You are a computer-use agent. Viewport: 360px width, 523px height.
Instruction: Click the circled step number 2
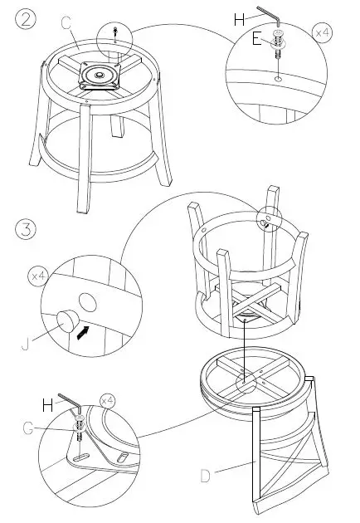click(x=26, y=19)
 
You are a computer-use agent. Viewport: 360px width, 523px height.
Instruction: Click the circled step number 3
click(x=26, y=230)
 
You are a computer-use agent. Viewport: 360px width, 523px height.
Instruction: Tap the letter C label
click(x=66, y=24)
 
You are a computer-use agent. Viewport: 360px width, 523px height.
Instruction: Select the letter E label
click(x=256, y=39)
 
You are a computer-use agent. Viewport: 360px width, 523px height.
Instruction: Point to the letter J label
click(x=26, y=344)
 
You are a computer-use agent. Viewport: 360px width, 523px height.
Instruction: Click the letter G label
click(x=28, y=428)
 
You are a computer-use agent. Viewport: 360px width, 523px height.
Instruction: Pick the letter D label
click(x=206, y=476)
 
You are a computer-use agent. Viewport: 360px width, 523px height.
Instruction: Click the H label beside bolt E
click(x=240, y=20)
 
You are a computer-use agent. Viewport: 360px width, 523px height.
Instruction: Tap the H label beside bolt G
click(x=48, y=405)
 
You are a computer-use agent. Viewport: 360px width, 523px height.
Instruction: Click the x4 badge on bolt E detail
click(x=322, y=32)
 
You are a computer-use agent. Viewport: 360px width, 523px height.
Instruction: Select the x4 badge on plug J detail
click(x=38, y=276)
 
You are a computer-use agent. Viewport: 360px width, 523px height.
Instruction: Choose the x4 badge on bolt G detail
click(x=107, y=400)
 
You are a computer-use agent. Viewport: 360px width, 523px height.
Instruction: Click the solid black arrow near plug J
click(x=83, y=333)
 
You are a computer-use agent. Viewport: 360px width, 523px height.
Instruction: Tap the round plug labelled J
click(x=67, y=320)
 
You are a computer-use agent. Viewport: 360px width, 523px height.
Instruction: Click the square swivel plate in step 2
click(x=100, y=76)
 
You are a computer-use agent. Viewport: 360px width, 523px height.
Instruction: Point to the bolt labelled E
click(x=278, y=44)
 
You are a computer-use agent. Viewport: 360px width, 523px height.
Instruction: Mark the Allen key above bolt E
click(x=269, y=15)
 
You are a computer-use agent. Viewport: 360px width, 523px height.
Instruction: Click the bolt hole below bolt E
click(x=278, y=79)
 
